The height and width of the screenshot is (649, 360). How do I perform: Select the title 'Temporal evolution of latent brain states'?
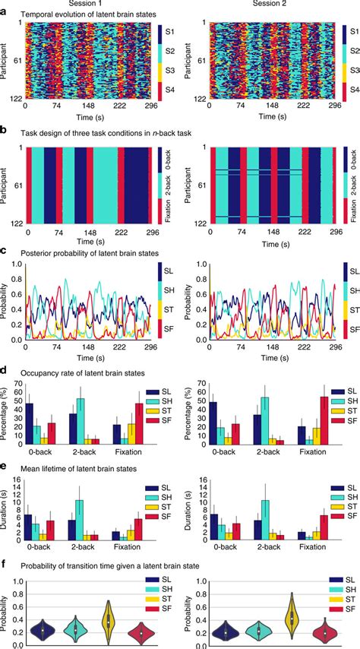(84, 14)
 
